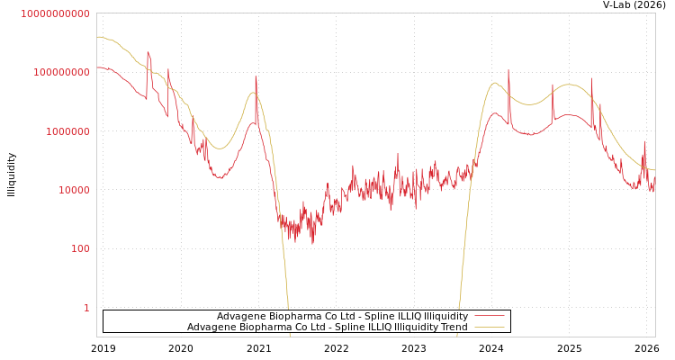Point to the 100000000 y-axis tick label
(55, 72)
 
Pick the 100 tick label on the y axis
(80, 248)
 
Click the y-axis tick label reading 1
(86, 308)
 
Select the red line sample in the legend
(490, 317)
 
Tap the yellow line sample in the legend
(490, 328)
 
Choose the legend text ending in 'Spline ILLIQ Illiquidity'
(342, 317)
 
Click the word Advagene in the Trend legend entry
(211, 328)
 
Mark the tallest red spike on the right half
(508, 70)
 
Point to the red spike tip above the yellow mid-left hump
(256, 76)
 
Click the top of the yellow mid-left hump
(253, 93)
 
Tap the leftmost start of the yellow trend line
(97, 37)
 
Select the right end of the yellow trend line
(654, 170)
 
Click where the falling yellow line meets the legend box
(288, 310)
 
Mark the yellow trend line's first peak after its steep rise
(495, 84)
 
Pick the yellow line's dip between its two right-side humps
(531, 104)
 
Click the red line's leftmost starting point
(97, 67)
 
